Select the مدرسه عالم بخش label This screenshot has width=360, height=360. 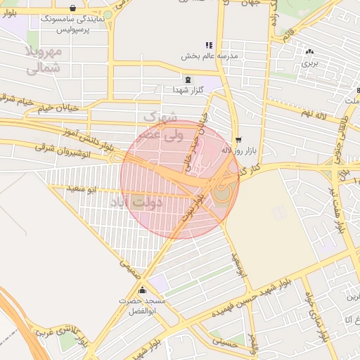click(x=210, y=55)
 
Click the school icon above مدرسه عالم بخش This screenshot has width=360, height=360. click(x=210, y=45)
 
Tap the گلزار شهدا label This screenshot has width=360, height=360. click(x=188, y=89)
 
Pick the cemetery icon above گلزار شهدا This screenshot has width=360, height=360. click(x=188, y=79)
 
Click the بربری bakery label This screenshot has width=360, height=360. click(x=310, y=62)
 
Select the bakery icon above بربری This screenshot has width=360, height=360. click(x=310, y=51)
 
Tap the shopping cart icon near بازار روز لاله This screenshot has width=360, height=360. click(x=239, y=139)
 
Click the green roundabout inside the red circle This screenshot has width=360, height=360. click(x=221, y=191)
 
